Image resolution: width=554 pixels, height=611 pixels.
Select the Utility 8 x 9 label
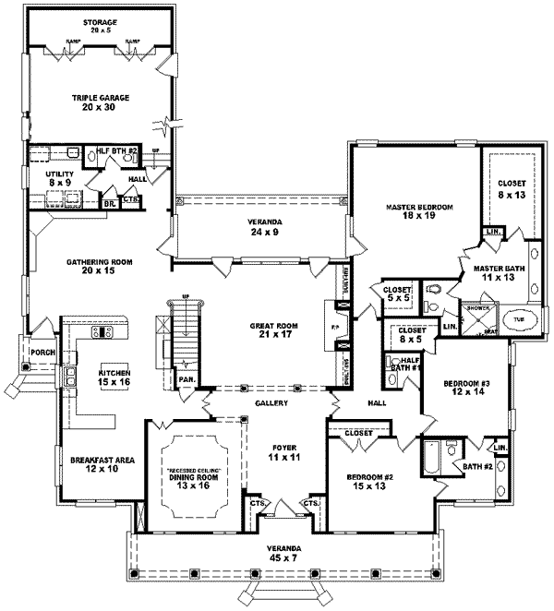(x=58, y=176)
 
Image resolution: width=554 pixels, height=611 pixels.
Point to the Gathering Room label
(x=99, y=267)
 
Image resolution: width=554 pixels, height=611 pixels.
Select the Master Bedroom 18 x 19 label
(x=419, y=213)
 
